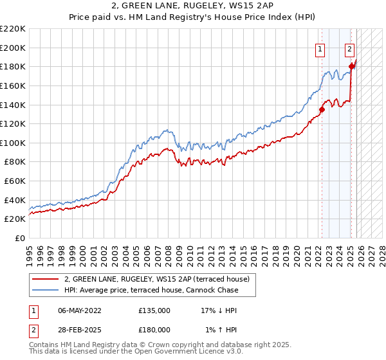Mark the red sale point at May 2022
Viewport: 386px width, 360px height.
322,109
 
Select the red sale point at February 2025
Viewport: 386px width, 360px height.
351,66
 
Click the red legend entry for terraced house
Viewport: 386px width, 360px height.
161,279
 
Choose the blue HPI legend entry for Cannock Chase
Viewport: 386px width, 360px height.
151,290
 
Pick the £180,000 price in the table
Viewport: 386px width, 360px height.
154,330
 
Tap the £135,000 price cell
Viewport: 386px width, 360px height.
154,310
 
